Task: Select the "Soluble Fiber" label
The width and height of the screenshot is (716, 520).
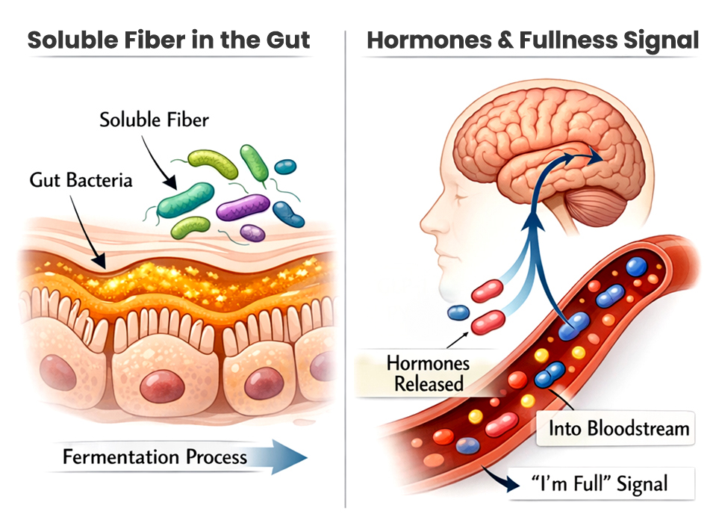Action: pos(154,120)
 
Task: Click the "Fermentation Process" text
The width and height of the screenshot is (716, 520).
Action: pos(155,456)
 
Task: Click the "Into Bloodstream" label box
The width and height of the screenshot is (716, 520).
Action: pos(617,429)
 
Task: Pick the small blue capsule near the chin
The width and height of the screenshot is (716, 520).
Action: pos(457,313)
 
